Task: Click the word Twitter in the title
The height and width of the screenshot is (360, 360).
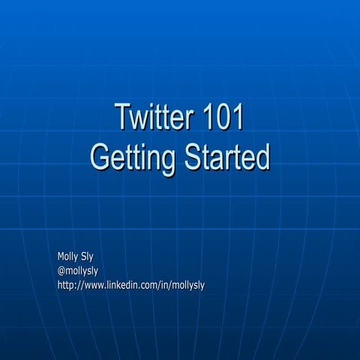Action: (x=154, y=119)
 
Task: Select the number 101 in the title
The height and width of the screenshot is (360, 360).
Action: (x=224, y=119)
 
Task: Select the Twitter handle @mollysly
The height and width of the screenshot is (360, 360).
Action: (x=78, y=270)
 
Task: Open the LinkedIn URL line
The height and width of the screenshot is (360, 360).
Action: (x=131, y=284)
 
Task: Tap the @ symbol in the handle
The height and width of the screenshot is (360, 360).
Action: (x=61, y=270)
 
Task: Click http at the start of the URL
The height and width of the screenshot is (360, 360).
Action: (x=65, y=284)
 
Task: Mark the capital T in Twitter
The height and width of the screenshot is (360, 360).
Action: (x=121, y=119)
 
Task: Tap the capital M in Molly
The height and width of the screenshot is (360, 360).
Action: (x=61, y=256)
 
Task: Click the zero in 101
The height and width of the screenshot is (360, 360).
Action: (x=224, y=119)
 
